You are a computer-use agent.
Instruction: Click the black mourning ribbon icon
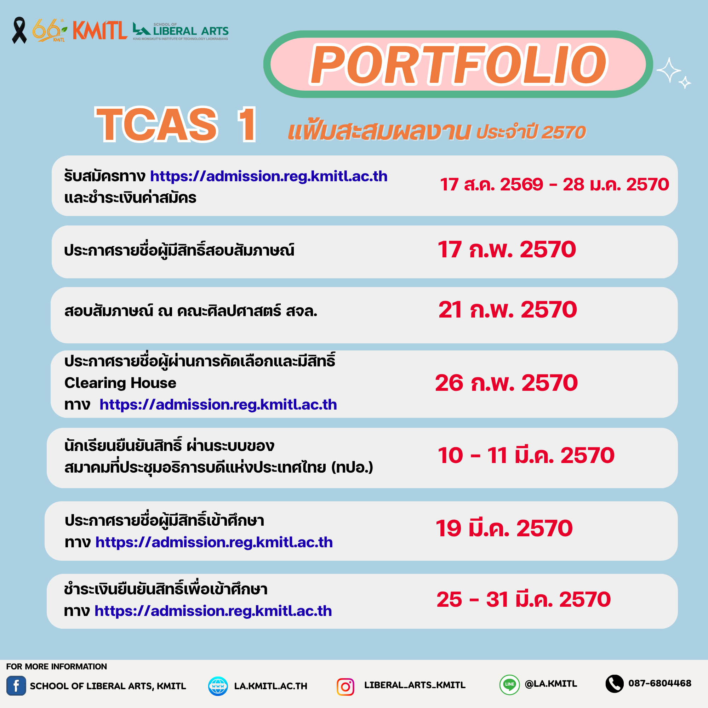click(x=19, y=30)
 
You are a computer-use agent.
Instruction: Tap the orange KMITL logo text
click(x=100, y=30)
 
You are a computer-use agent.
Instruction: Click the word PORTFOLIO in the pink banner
click(x=458, y=65)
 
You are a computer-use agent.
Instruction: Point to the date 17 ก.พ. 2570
click(x=507, y=250)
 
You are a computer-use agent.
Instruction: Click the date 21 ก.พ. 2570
click(x=508, y=310)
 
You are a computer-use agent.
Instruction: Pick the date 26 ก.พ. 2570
click(x=507, y=383)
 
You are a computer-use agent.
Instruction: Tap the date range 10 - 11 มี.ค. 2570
click(x=526, y=456)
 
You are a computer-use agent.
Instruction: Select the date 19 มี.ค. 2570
click(x=504, y=529)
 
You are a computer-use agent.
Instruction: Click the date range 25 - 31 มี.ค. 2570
click(x=524, y=600)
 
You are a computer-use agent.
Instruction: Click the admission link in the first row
click(x=269, y=177)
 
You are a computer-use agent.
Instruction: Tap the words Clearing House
click(x=120, y=383)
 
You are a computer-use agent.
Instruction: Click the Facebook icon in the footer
click(x=16, y=686)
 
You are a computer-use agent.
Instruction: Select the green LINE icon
click(x=509, y=685)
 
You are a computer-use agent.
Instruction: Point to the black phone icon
click(x=615, y=684)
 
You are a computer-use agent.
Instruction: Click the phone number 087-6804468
click(x=660, y=684)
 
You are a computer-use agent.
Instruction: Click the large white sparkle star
click(x=668, y=70)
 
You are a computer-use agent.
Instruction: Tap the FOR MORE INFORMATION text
click(x=56, y=667)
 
